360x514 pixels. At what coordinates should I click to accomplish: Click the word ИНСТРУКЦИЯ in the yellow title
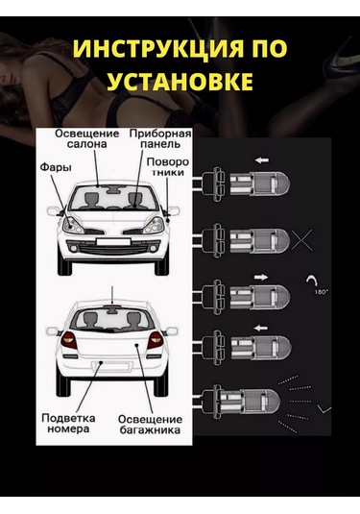(156, 48)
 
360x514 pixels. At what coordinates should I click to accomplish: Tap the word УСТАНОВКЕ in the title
(180, 81)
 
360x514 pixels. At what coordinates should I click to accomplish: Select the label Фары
(56, 167)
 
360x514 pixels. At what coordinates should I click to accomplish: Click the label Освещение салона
(87, 139)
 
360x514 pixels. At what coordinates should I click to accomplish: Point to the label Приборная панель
(160, 139)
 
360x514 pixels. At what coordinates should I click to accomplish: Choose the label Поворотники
(168, 167)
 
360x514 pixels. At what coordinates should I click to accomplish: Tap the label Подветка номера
(68, 423)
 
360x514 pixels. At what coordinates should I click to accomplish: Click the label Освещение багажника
(150, 425)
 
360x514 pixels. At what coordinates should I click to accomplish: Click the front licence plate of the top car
(113, 242)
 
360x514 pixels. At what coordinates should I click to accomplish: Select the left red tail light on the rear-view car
(69, 340)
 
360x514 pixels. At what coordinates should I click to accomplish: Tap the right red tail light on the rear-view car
(155, 340)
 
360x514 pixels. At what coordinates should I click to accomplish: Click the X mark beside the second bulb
(301, 240)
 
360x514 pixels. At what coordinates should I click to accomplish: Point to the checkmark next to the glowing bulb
(324, 409)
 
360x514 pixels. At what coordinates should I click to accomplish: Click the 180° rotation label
(322, 292)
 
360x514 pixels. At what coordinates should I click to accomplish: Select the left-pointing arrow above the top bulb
(262, 160)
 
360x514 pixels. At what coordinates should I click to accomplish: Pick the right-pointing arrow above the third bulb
(261, 277)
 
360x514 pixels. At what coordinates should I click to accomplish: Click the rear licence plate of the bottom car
(111, 365)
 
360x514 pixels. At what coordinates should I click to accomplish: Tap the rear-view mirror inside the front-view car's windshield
(114, 188)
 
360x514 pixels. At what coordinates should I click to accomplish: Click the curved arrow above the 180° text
(310, 281)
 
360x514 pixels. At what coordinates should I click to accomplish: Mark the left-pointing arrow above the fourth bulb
(261, 328)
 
